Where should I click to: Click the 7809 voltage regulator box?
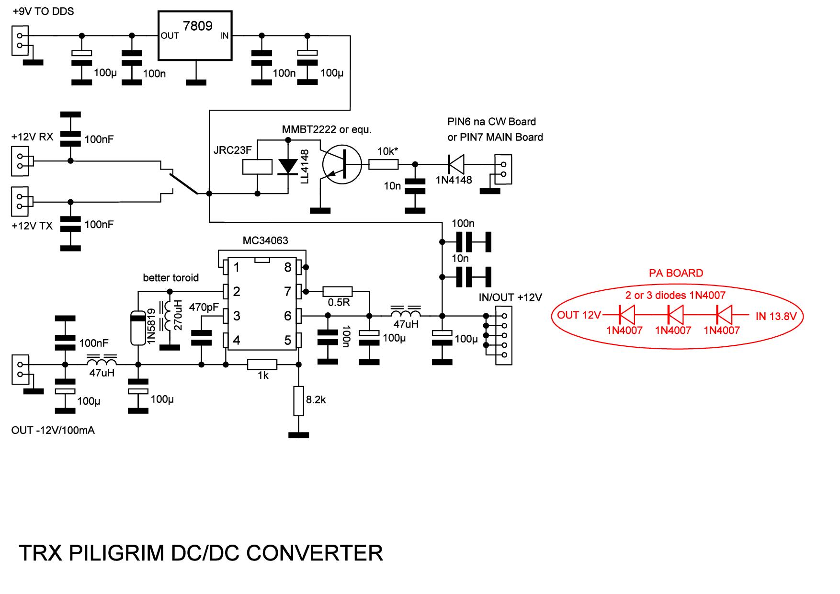(x=195, y=36)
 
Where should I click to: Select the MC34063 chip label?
(x=265, y=240)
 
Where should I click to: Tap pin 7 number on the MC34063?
(x=287, y=291)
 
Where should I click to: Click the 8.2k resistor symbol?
(x=299, y=400)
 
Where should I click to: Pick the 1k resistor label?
(x=263, y=376)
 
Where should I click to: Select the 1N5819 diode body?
(x=137, y=328)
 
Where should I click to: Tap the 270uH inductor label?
(x=178, y=315)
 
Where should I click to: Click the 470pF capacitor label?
(x=204, y=307)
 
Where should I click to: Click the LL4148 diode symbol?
(x=288, y=165)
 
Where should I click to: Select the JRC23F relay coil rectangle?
(x=258, y=166)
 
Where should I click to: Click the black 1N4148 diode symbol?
(x=455, y=164)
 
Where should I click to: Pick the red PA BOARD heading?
(x=676, y=274)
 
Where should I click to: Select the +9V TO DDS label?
(x=43, y=11)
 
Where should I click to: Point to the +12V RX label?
(x=33, y=137)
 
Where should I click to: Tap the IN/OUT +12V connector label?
(x=510, y=297)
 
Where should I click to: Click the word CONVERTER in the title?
(x=315, y=553)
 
